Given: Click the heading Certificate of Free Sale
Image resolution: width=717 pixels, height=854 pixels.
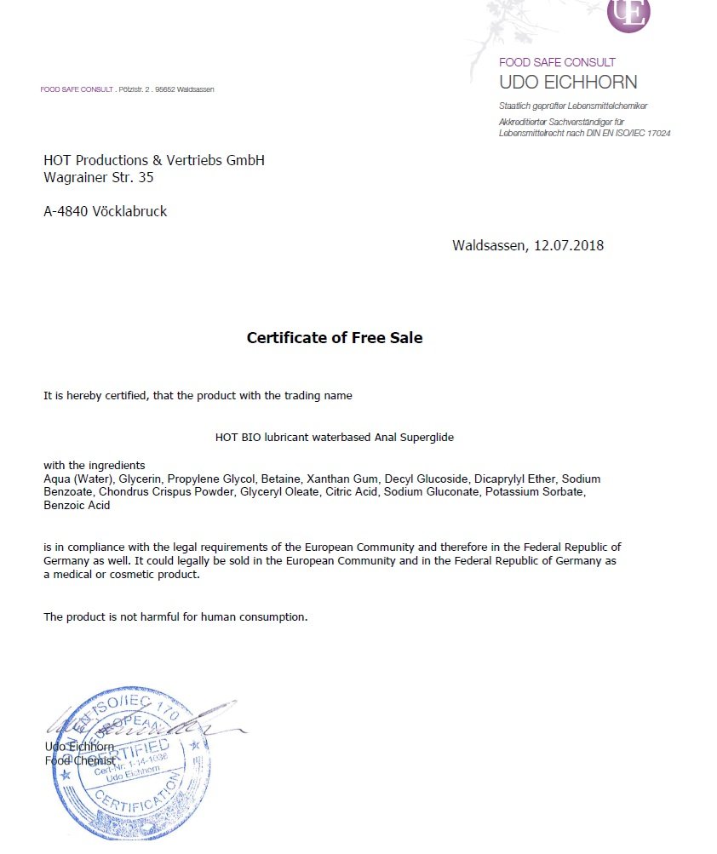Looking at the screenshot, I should coord(334,338).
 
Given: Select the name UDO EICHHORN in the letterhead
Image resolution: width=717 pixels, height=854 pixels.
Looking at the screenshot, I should coord(568,83).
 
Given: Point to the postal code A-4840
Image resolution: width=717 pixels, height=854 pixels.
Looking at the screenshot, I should coord(65,212).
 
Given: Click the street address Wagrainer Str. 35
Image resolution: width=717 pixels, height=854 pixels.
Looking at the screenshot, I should coord(98,178).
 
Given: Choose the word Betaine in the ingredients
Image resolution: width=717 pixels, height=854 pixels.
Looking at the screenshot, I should coord(280,479).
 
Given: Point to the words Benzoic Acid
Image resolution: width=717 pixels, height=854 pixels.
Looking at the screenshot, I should coord(77,505).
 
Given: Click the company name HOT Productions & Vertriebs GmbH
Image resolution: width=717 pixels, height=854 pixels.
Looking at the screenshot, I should coord(154,160).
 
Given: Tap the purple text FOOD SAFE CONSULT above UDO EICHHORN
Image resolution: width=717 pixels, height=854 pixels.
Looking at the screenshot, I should coord(557,62).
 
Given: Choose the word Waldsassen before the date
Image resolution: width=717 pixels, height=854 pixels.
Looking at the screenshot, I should coord(489,246).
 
